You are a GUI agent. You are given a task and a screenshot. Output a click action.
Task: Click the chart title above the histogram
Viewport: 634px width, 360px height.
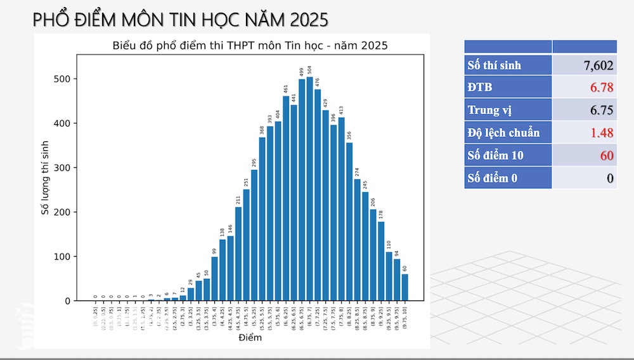point(250,46)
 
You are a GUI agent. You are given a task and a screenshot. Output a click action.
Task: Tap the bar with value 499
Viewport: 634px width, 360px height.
point(302,190)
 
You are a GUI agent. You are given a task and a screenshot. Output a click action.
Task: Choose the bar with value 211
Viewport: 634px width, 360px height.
point(238,254)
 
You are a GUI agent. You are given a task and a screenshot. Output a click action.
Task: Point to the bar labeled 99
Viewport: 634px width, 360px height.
point(214,279)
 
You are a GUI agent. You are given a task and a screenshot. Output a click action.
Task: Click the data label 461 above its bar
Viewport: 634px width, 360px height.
point(286,89)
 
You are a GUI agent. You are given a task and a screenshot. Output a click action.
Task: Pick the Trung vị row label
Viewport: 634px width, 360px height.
point(490,110)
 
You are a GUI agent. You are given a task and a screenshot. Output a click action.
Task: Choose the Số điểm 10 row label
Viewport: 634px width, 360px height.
point(496,155)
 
